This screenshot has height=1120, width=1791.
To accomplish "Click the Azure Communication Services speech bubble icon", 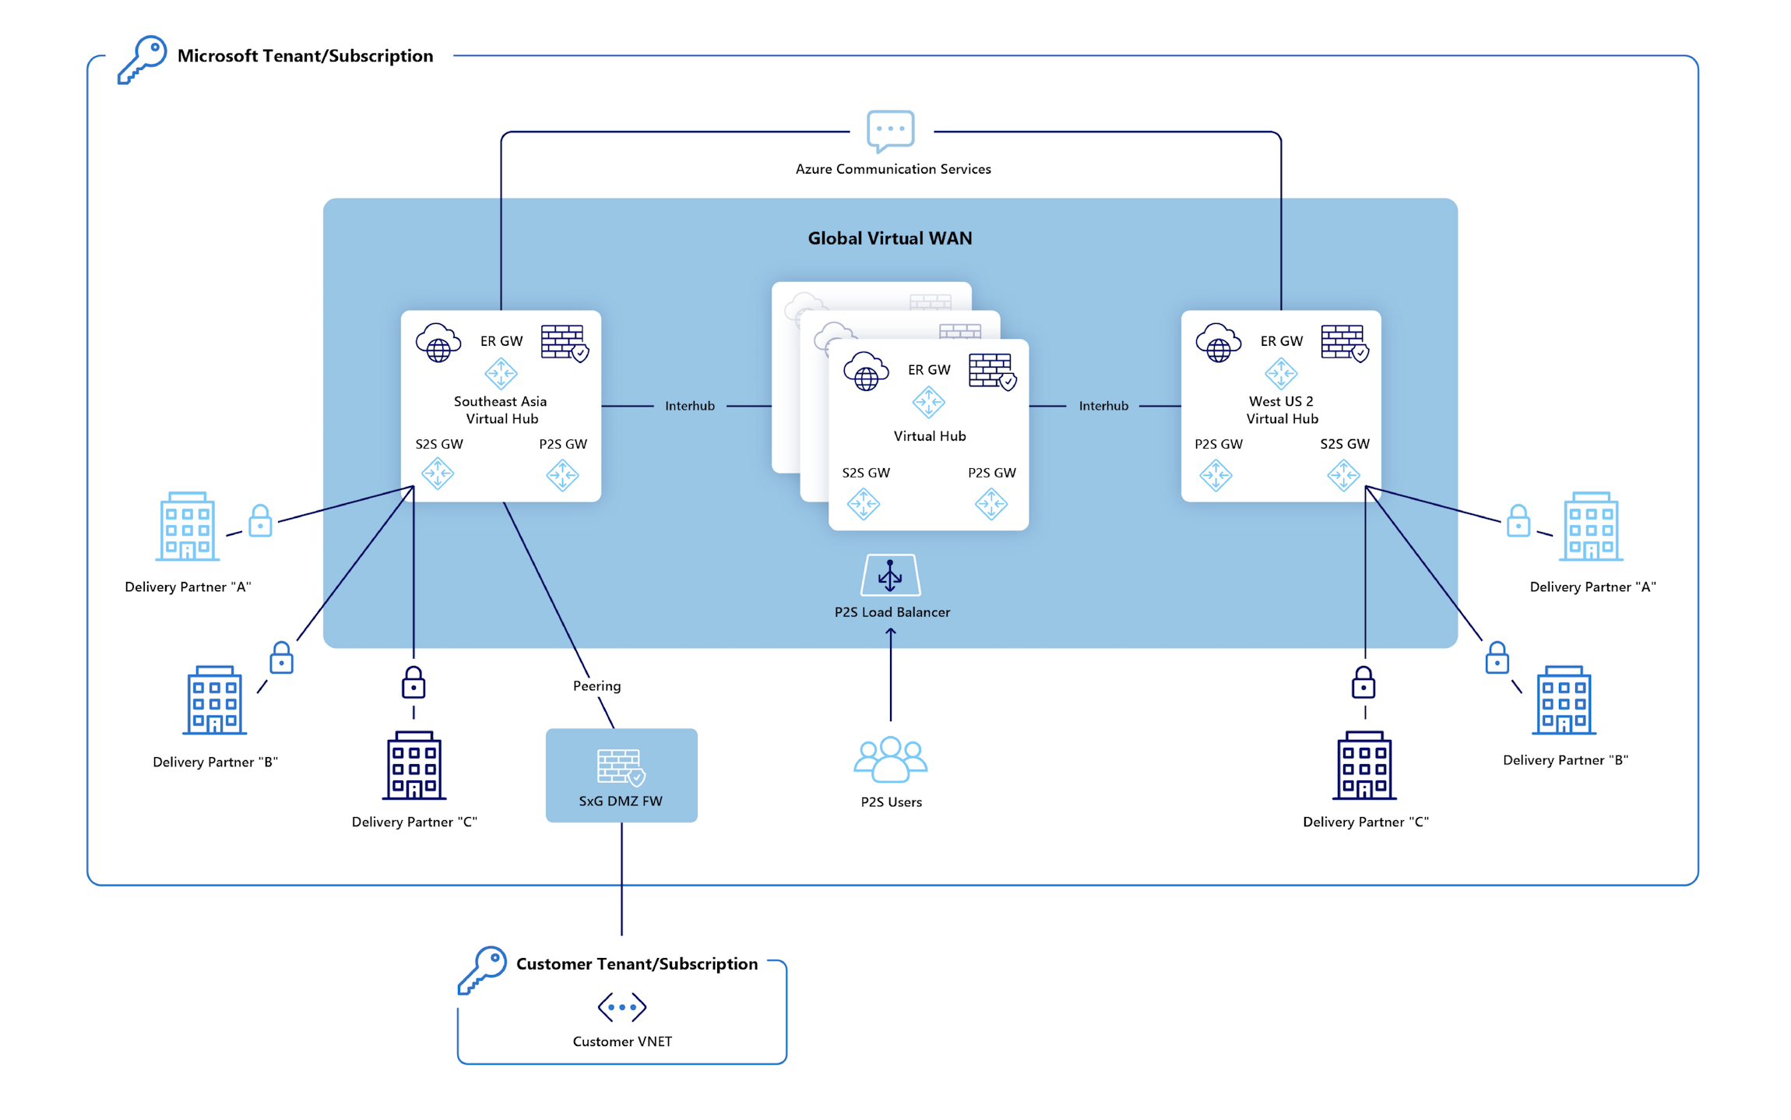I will (890, 131).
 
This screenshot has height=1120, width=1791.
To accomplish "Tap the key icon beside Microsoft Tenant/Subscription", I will (143, 59).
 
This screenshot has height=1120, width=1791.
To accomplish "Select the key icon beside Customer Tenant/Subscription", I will (482, 970).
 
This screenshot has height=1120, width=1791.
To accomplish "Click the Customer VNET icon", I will (621, 1006).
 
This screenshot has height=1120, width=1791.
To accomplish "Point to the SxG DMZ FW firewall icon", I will (621, 767).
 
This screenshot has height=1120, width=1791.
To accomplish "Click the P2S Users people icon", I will (890, 759).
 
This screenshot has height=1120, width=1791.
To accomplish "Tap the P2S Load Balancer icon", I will (890, 576).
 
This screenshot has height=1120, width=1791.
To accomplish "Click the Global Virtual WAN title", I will (889, 238).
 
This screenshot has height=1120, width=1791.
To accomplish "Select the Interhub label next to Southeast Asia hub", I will (689, 406).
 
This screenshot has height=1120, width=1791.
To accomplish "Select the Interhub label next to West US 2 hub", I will (1103, 406).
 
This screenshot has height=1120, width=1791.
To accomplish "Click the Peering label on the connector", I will (596, 686).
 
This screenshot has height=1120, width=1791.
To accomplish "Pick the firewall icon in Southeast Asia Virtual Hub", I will (564, 343).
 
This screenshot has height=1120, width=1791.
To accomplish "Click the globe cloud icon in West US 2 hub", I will (1218, 343).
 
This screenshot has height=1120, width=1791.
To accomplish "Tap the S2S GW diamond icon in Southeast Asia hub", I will (438, 474).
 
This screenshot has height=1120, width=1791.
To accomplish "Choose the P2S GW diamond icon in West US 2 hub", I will (1216, 475).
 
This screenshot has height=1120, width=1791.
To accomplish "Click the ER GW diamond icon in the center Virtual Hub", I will (928, 403).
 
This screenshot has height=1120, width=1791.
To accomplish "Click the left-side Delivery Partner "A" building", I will (187, 527).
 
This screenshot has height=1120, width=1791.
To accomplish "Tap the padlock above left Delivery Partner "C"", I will (413, 683).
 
